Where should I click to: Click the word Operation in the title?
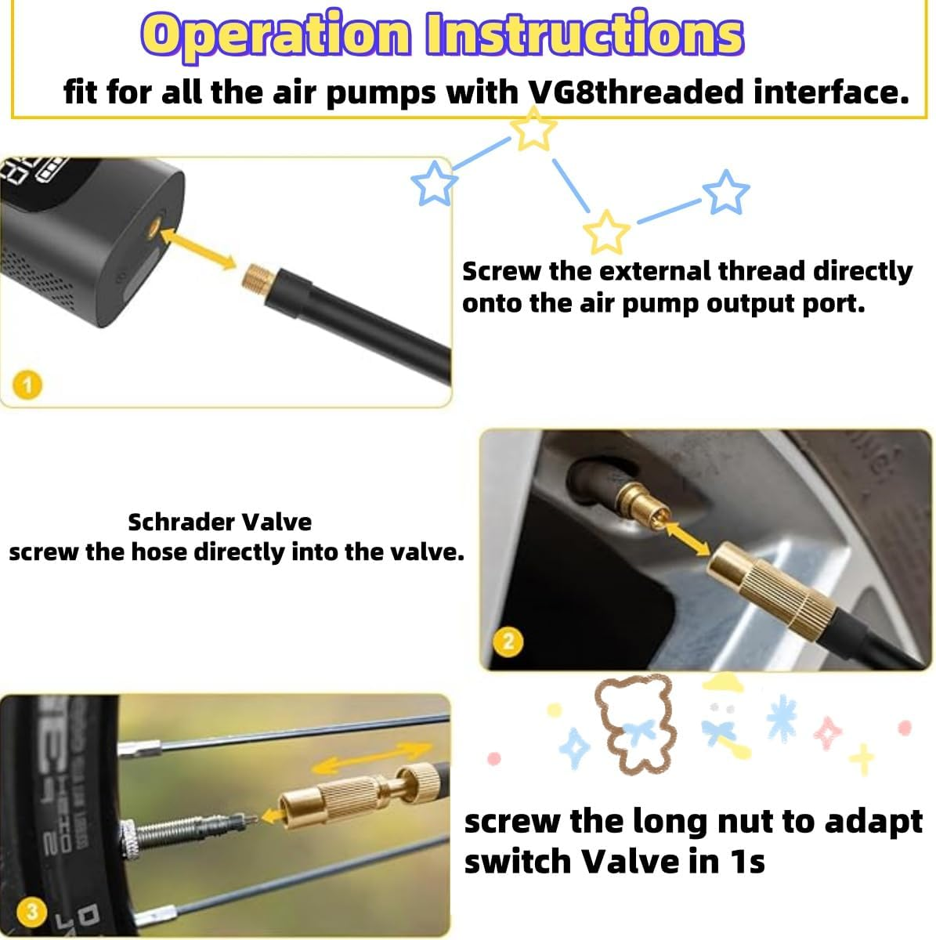278,34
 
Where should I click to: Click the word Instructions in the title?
584,34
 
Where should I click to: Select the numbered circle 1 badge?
28,385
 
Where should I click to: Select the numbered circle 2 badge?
508,642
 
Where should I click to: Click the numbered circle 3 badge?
32,911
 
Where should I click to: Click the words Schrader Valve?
219,522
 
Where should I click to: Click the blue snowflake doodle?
781,718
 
